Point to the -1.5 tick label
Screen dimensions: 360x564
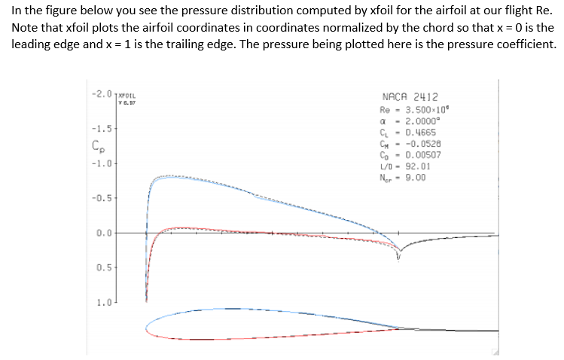click(x=102, y=128)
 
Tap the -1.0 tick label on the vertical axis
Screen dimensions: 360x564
click(x=102, y=163)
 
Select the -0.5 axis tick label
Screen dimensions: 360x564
click(x=102, y=198)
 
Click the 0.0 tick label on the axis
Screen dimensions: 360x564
click(x=104, y=233)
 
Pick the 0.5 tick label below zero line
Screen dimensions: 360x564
click(x=104, y=267)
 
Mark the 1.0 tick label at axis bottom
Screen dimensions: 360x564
click(x=104, y=303)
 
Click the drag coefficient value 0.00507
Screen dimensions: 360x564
click(x=423, y=154)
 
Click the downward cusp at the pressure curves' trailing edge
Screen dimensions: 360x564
click(x=400, y=255)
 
